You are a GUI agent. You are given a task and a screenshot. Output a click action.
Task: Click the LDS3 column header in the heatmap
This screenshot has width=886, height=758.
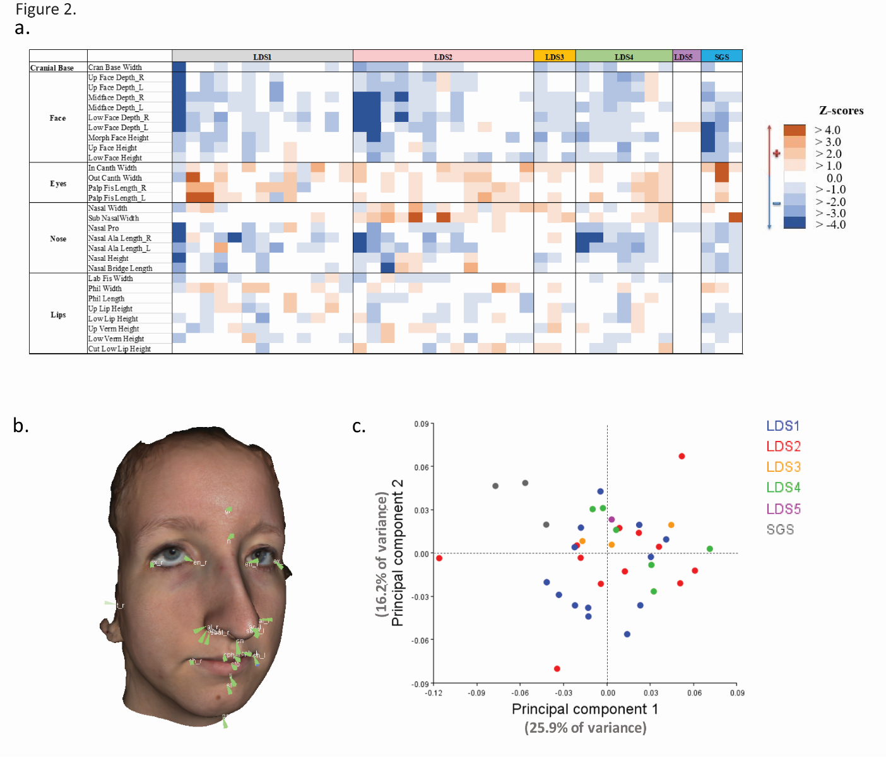coord(554,57)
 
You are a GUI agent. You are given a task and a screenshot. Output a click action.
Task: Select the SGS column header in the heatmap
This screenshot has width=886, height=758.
coord(721,57)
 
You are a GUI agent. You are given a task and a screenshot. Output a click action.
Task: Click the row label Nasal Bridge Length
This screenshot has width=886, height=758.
coord(120,268)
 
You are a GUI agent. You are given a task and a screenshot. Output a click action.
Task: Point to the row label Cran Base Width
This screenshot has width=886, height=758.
coord(115,68)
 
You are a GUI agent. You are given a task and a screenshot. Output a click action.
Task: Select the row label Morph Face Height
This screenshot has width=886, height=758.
coord(118,138)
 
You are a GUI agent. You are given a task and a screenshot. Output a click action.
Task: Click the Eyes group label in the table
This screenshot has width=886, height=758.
coord(58,184)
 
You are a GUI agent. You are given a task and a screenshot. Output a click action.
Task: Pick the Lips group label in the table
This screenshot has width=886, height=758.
coord(58,315)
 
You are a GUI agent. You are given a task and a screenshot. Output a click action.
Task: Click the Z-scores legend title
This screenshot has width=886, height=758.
coord(841,111)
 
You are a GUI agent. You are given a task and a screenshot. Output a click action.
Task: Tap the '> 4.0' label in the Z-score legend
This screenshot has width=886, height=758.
coord(828,130)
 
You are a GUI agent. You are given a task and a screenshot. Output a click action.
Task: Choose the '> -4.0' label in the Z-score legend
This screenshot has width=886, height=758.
coord(830,225)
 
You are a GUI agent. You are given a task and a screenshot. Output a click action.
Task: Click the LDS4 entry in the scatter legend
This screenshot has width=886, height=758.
coord(783,488)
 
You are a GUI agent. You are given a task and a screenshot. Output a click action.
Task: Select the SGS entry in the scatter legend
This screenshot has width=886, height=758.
coord(780,529)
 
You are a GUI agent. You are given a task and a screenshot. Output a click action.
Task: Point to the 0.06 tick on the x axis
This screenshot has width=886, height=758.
coord(694,693)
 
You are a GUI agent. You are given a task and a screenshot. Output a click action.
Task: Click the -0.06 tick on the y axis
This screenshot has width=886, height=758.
coord(420,641)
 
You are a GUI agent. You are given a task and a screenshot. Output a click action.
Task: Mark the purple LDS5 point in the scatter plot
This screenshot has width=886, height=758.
coord(611,520)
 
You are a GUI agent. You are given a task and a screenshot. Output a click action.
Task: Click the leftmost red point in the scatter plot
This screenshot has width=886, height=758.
coord(439,558)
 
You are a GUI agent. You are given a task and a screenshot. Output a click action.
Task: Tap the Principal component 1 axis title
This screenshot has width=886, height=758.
coord(584,709)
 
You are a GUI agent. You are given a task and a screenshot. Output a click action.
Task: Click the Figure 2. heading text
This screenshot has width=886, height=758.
coord(45,9)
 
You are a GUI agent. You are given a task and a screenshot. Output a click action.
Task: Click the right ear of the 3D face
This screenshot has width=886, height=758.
coord(109,622)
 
